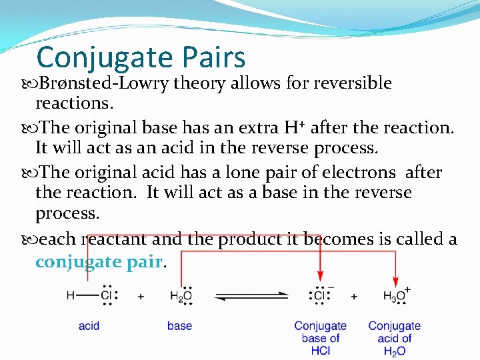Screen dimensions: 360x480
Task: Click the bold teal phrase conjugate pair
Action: pyautogui.click(x=99, y=261)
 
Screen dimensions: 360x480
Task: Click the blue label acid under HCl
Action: pyautogui.click(x=89, y=326)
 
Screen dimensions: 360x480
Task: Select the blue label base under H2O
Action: pyautogui.click(x=179, y=326)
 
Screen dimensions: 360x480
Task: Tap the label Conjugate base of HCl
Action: pyautogui.click(x=321, y=337)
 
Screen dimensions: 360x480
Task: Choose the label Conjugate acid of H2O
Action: pyautogui.click(x=394, y=337)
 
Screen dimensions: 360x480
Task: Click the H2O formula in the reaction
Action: pyautogui.click(x=181, y=296)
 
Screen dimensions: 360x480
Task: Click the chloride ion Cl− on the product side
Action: pyautogui.click(x=321, y=295)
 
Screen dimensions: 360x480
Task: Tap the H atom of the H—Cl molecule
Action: pyautogui.click(x=70, y=295)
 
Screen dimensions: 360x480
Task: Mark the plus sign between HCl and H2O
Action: pyautogui.click(x=141, y=296)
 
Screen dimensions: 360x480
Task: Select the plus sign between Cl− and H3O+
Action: pyautogui.click(x=354, y=296)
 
